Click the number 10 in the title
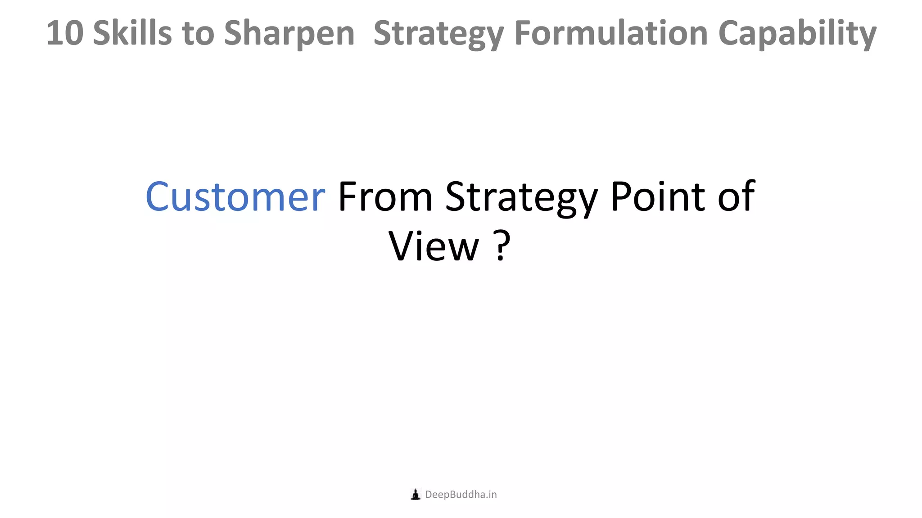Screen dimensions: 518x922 [x=65, y=33]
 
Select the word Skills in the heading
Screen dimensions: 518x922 [x=132, y=33]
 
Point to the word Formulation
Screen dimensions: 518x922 [x=611, y=33]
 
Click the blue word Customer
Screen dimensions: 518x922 [x=235, y=196]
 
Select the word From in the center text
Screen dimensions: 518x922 [x=385, y=196]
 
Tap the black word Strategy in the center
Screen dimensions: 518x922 [x=521, y=197]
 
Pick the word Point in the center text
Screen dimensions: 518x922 [x=658, y=196]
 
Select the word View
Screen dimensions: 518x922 [x=434, y=246]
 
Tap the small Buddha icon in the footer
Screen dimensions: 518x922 [x=416, y=495]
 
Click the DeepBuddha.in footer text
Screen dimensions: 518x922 [x=461, y=495]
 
